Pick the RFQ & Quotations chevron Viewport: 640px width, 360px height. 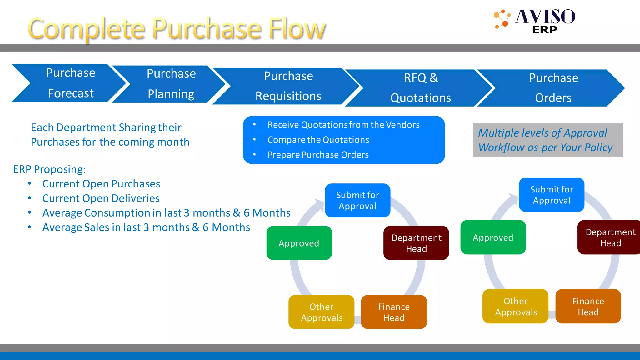(421, 88)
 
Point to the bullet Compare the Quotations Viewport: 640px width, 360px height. (318, 140)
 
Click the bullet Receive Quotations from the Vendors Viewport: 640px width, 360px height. (343, 125)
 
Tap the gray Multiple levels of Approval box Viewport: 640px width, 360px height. (547, 140)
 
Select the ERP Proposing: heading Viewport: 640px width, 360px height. (49, 169)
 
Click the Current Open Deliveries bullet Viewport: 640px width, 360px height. (101, 198)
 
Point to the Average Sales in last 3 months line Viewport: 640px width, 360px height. (146, 227)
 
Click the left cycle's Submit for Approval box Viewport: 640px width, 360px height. (357, 200)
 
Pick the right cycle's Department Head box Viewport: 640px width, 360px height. (609, 237)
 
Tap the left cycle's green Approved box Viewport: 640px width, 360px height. (299, 243)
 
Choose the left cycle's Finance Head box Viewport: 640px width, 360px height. (394, 312)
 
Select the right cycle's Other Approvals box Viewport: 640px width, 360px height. (515, 306)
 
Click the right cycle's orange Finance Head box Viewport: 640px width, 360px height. (588, 306)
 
